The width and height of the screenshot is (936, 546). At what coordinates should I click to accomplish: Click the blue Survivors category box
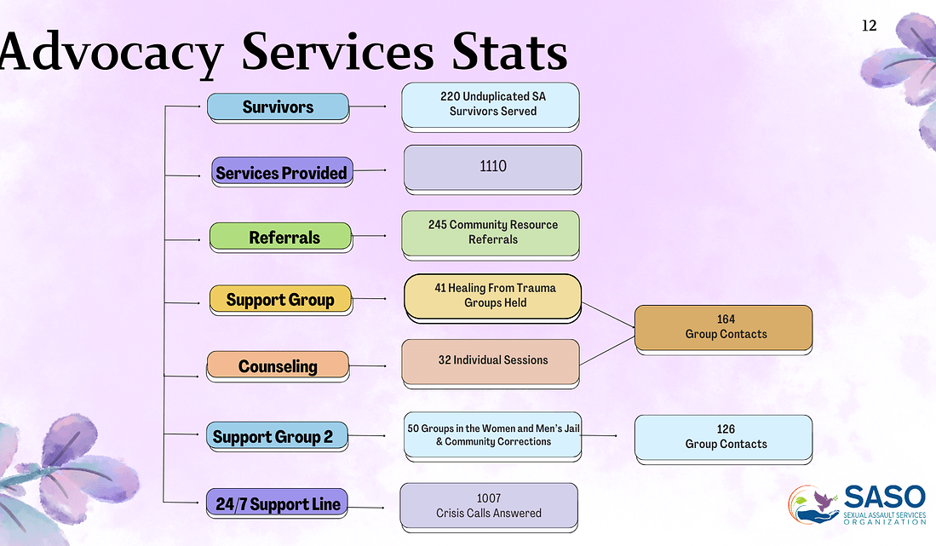(279, 107)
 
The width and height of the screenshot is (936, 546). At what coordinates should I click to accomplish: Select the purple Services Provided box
(282, 172)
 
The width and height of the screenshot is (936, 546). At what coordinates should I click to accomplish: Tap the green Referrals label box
(280, 237)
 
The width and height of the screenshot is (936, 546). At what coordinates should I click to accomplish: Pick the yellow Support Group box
(280, 300)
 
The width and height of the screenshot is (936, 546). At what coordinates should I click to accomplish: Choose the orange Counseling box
(278, 365)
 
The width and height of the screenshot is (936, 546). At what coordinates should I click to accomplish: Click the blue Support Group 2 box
(277, 436)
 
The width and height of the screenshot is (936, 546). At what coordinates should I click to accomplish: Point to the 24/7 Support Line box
(277, 503)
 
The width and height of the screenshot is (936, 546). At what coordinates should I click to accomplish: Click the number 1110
(493, 166)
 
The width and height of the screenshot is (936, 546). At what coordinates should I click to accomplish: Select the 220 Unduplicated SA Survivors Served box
(491, 106)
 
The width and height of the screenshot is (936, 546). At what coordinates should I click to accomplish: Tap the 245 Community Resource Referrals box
(491, 235)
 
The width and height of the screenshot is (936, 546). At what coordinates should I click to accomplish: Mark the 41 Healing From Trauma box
(492, 298)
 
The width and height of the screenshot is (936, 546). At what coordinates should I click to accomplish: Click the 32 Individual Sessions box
(491, 364)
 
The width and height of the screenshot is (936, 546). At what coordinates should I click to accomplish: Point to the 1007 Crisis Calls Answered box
(489, 507)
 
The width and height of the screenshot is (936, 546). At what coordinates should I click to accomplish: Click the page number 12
(869, 26)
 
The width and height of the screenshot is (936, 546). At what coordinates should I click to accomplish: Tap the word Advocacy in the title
(112, 53)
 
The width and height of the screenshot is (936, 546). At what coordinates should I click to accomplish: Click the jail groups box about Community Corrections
(492, 436)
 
